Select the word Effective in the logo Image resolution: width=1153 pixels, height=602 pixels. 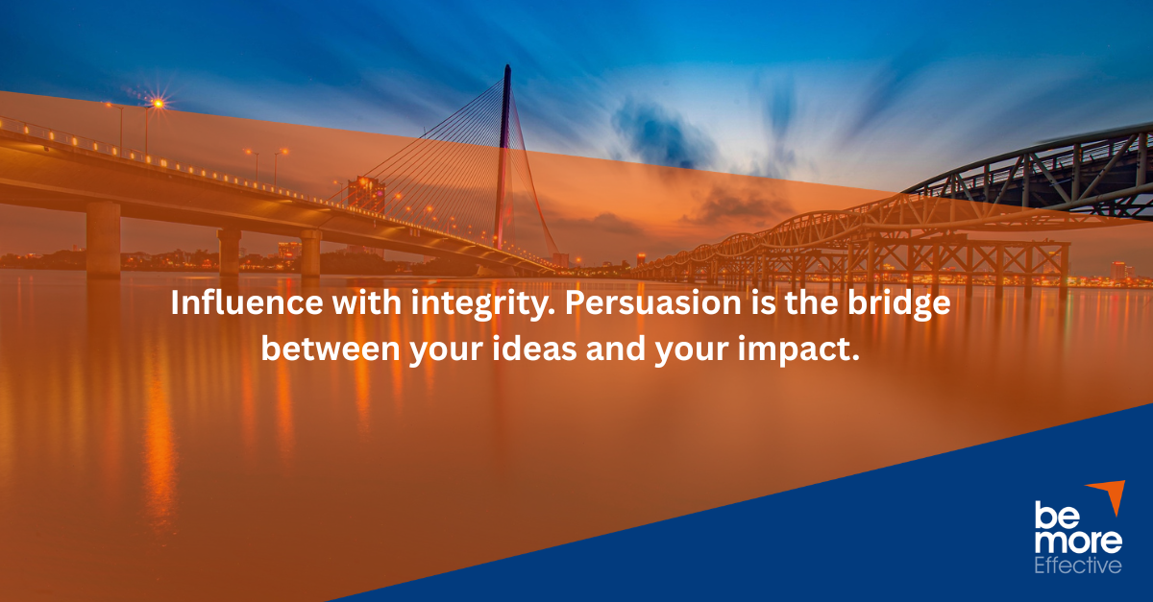[x=1077, y=566]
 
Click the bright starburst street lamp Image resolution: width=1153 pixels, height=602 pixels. [x=158, y=103]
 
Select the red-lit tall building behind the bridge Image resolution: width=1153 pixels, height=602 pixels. [x=366, y=197]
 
